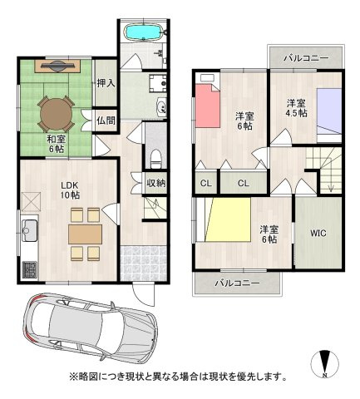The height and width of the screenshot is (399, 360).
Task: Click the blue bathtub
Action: (x=143, y=32)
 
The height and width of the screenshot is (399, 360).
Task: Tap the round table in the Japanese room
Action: (x=57, y=114)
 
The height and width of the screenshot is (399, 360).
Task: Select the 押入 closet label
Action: (x=106, y=83)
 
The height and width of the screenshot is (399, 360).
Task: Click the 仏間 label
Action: (x=106, y=121)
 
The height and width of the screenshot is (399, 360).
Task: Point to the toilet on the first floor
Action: (x=155, y=159)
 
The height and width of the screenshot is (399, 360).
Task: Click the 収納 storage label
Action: (x=156, y=183)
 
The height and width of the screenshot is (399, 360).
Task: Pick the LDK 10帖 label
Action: (x=71, y=190)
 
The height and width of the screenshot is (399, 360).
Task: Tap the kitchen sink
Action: (x=29, y=230)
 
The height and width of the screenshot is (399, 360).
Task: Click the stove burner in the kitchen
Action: (x=29, y=270)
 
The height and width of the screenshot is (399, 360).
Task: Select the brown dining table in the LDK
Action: (x=86, y=234)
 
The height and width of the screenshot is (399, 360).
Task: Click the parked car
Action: (x=91, y=328)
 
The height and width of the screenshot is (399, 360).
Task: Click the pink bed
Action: (x=208, y=106)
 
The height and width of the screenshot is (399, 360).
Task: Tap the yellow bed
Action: (x=228, y=219)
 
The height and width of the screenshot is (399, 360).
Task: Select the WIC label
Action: (x=318, y=234)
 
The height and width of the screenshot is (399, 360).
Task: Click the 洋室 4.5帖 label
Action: (x=297, y=108)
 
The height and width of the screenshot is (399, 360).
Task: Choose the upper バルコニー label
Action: (x=307, y=58)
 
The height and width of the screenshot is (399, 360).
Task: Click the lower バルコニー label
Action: (x=238, y=283)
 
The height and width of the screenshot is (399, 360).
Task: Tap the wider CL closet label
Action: (x=244, y=183)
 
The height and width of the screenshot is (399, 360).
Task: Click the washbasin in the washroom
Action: (x=160, y=107)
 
